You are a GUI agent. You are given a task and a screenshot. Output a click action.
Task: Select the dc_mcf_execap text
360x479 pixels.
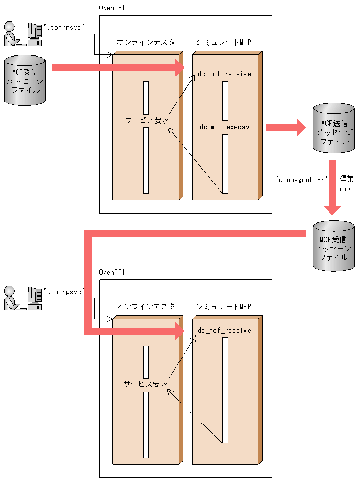[224, 127]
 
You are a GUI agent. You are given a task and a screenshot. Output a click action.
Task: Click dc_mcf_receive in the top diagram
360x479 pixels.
[224, 74]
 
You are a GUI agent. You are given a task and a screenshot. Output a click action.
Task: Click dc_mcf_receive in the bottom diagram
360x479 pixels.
[224, 330]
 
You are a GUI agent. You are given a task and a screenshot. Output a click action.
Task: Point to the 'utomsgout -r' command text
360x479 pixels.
[302, 179]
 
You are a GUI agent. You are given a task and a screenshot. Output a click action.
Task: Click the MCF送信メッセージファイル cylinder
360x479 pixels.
[333, 129]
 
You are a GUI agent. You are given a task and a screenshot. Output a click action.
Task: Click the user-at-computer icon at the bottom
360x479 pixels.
[23, 298]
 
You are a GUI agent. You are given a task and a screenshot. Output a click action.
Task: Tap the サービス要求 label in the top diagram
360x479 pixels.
[147, 119]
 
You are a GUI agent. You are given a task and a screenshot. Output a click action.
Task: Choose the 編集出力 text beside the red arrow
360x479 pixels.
[346, 183]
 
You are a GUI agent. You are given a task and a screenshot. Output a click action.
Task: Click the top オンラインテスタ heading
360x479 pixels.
[145, 42]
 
